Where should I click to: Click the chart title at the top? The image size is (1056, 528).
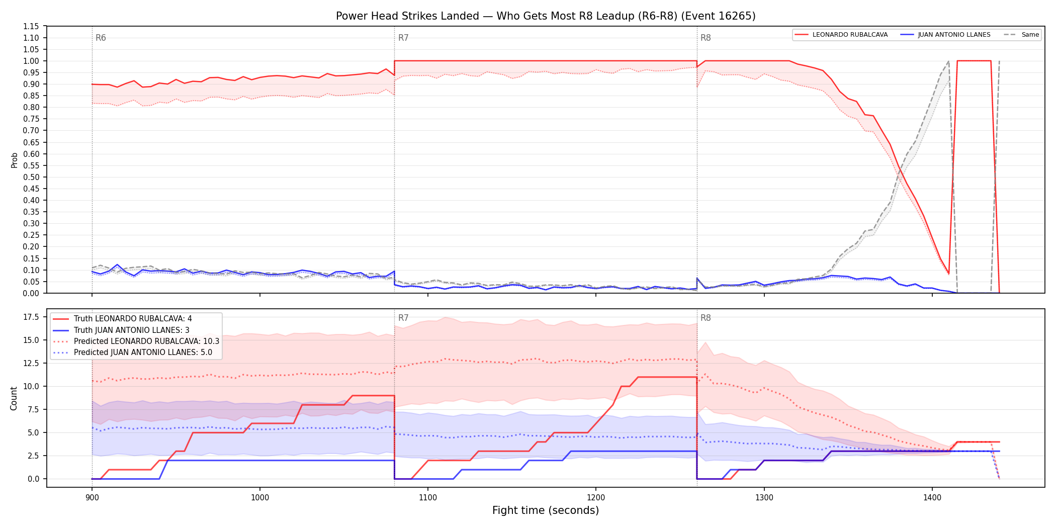[546, 16]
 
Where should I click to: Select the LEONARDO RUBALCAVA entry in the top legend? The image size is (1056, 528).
[850, 35]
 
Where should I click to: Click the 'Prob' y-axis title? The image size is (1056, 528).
[15, 160]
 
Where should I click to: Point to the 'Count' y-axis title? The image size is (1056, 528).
[14, 398]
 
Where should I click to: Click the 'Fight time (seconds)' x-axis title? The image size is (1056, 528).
[546, 510]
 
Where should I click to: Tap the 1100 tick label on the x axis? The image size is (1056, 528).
[428, 498]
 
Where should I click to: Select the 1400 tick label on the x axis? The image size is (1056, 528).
[932, 498]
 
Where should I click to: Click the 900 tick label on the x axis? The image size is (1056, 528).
[92, 498]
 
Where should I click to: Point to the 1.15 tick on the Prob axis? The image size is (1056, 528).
[31, 26]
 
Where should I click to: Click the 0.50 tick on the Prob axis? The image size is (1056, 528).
[31, 177]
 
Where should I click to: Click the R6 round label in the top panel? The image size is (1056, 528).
[101, 38]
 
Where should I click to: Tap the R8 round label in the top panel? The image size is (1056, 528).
[706, 38]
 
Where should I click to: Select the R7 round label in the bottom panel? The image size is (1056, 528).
[403, 318]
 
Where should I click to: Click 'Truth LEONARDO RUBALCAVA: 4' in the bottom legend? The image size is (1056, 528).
[133, 319]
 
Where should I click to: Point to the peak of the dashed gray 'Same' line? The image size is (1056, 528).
[949, 61]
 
